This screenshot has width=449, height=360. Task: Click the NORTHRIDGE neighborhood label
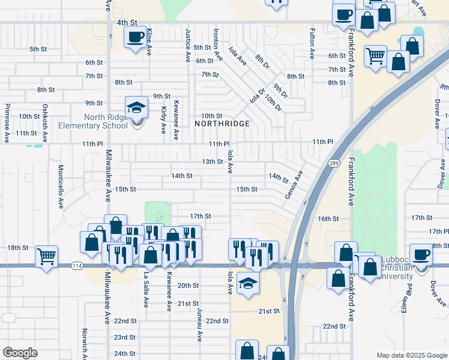point(222,123)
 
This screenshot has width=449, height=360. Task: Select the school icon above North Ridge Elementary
point(137,108)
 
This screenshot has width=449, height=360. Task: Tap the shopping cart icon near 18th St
point(46,256)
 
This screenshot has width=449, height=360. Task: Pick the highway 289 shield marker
point(334,163)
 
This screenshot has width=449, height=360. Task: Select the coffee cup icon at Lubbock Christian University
point(421,254)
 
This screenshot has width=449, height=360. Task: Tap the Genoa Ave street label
point(294,187)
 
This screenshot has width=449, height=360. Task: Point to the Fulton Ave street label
point(312,43)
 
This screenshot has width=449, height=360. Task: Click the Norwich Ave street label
point(85,342)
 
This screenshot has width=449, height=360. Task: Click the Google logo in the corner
point(20,353)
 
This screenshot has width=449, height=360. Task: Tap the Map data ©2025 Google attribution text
point(411,355)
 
